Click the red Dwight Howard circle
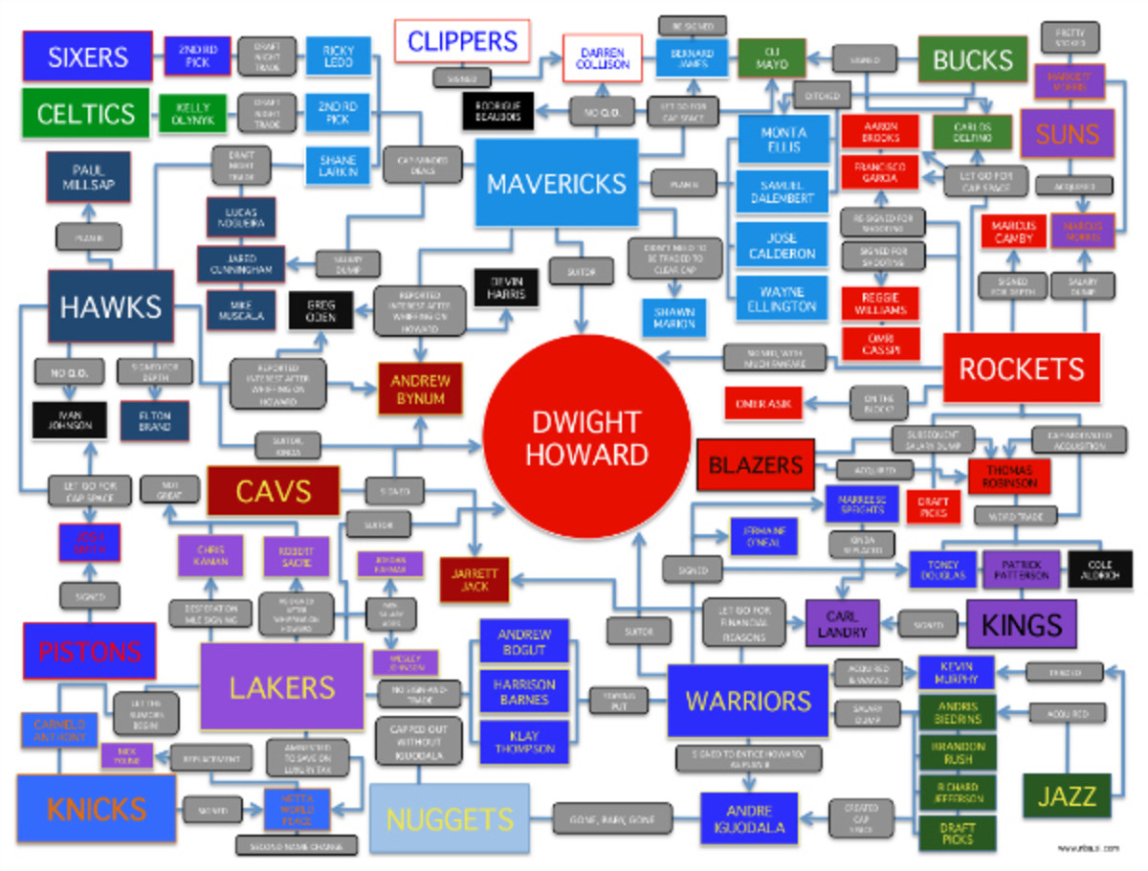585,438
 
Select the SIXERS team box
88,56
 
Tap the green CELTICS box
85,114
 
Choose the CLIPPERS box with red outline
462,42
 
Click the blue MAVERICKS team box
556,183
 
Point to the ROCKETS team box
1021,368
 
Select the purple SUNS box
1067,133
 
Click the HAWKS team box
111,306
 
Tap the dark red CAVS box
273,492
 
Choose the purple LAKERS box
282,686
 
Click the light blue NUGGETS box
449,818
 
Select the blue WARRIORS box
748,701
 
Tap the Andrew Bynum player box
420,389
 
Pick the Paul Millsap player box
88,177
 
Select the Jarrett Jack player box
475,580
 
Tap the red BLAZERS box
755,466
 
